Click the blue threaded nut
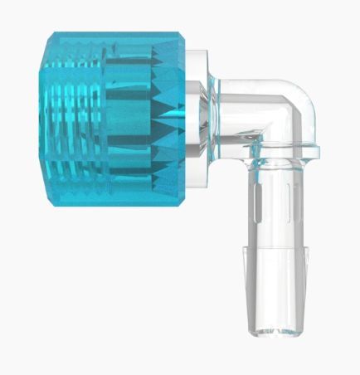(x=112, y=119)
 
